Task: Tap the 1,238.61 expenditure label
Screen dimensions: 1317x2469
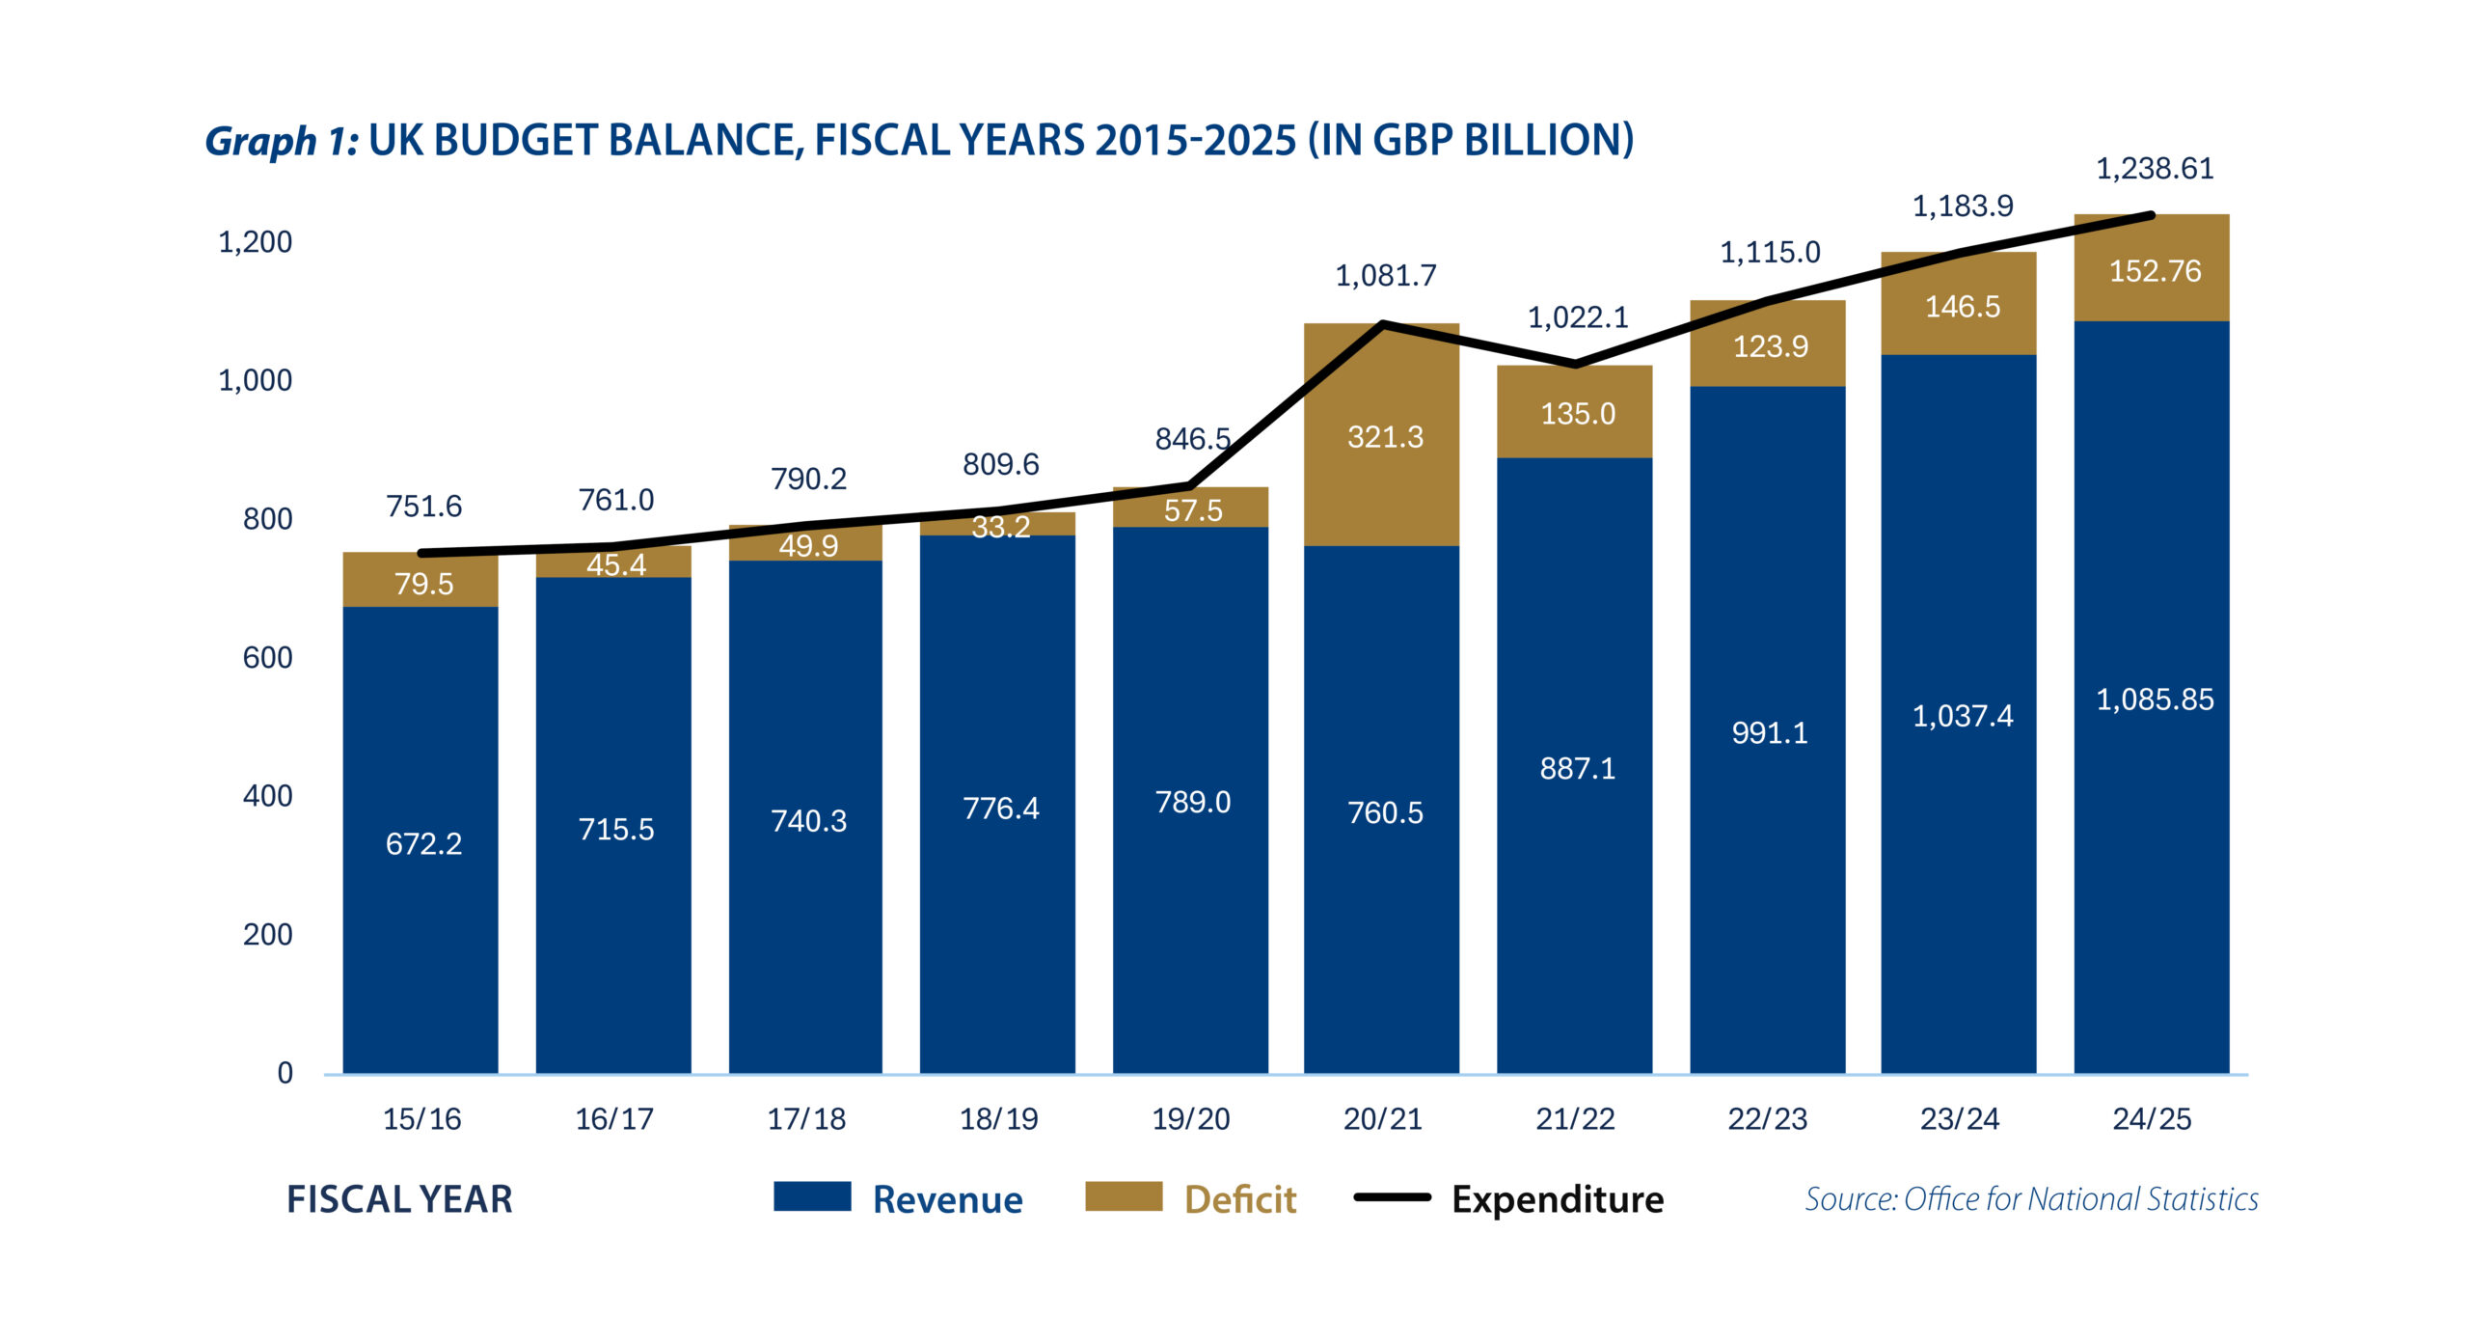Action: [x=2155, y=169]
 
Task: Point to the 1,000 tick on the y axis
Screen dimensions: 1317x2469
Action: [x=255, y=380]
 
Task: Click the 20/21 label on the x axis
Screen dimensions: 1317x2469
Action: [x=1382, y=1119]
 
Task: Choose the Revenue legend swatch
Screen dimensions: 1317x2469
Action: [x=812, y=1196]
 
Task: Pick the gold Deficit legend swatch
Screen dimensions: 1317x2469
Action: [x=1124, y=1196]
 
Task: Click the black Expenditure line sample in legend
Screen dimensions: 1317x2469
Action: [x=1392, y=1197]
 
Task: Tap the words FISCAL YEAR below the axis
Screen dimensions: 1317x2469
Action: [x=399, y=1199]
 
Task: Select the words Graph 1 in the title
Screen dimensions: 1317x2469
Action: [x=281, y=141]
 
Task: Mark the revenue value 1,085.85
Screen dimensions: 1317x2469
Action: [x=2155, y=700]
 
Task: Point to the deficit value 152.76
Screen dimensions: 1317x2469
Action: [x=2155, y=271]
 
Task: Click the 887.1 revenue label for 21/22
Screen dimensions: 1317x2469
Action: [x=1577, y=769]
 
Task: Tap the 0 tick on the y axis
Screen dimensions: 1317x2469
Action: [x=285, y=1073]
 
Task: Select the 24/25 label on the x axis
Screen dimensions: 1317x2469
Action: [x=2152, y=1119]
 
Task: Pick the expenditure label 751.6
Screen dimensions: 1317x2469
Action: [x=423, y=507]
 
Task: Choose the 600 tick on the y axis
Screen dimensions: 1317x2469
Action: [x=267, y=657]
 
